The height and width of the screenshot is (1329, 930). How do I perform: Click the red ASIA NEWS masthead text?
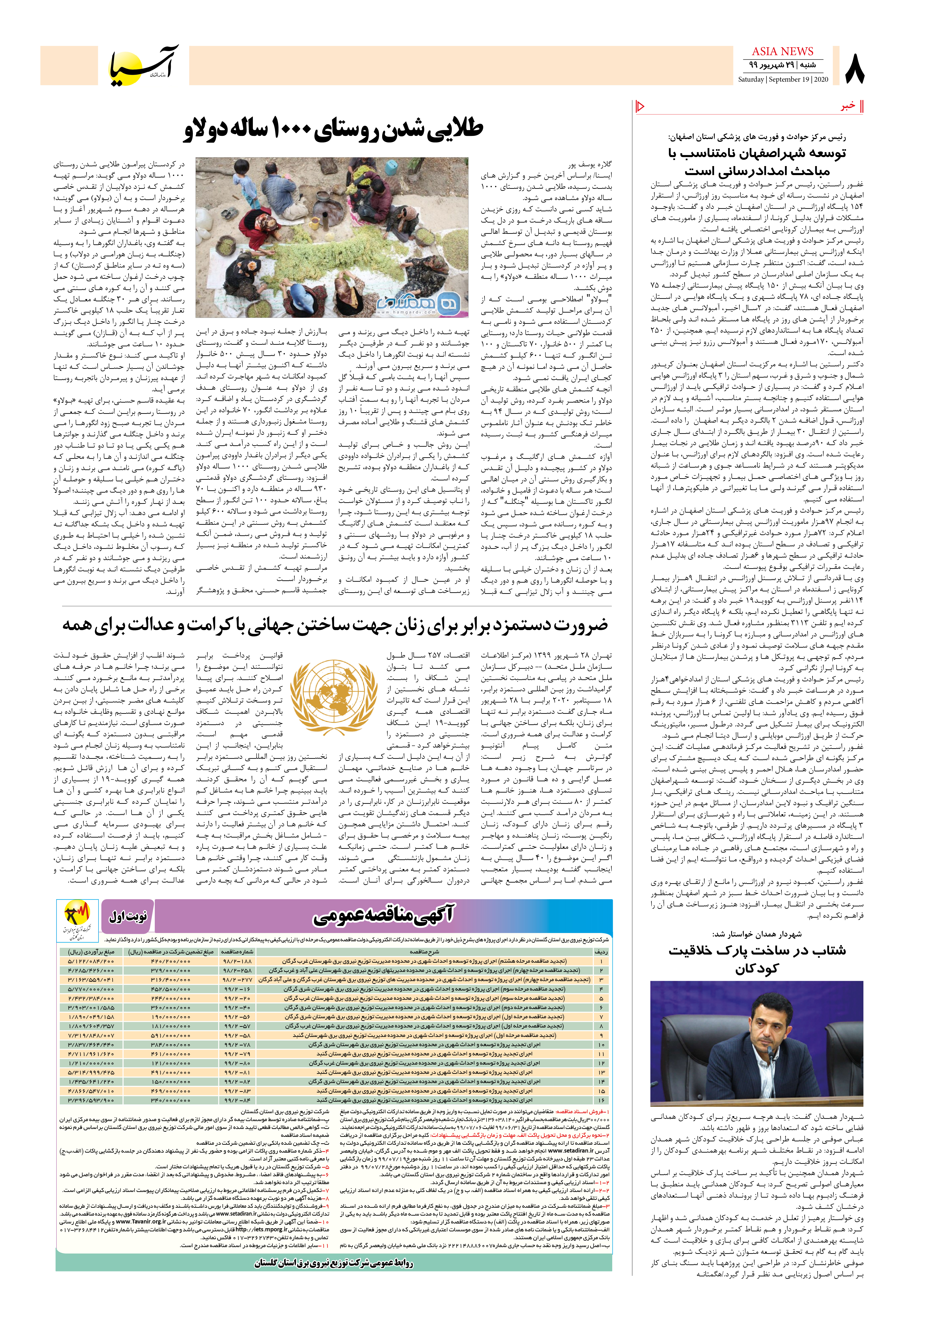[x=782, y=52]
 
